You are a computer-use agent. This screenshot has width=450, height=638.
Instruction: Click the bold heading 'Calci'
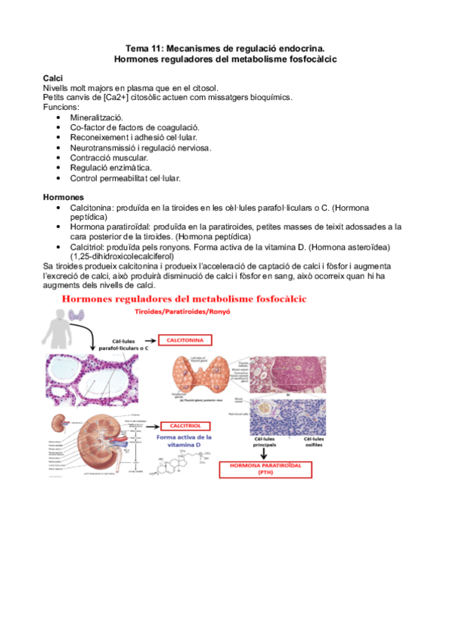(53, 79)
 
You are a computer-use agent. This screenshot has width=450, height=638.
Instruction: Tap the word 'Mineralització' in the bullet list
(97, 118)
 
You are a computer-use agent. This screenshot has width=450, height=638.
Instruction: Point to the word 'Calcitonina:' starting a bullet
(94, 207)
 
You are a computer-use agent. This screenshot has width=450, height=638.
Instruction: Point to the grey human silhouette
(59, 324)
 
